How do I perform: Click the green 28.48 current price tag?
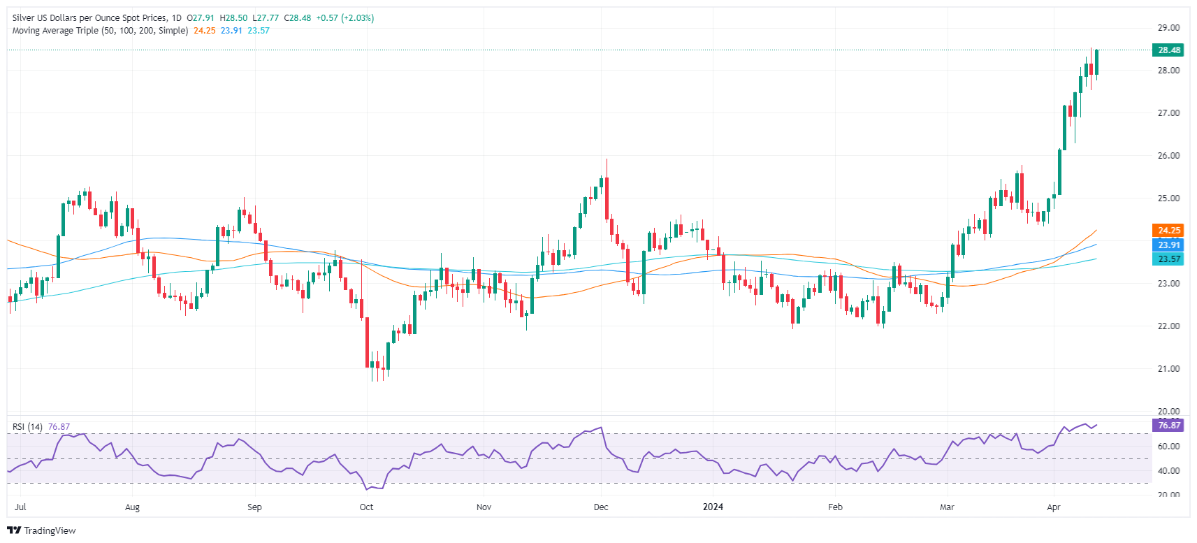coord(1168,50)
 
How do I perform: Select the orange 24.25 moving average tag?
coord(1168,230)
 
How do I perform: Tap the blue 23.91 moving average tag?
coord(1168,245)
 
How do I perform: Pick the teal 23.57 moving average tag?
coord(1168,259)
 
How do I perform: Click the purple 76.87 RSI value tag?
coord(1168,425)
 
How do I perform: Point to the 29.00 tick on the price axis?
coord(1168,28)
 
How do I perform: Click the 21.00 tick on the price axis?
coord(1168,369)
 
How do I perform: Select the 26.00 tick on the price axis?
coord(1168,156)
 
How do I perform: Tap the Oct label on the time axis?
coord(366,507)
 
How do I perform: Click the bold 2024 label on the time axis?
coord(713,507)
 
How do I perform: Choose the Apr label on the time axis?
coord(1053,507)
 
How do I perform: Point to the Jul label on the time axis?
coord(20,507)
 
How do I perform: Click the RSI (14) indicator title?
coord(27,427)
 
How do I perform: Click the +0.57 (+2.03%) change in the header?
coord(344,18)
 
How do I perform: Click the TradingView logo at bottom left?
coord(41,530)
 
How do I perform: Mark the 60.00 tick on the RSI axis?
coord(1168,446)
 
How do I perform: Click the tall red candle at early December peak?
coord(607,198)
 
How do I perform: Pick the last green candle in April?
coord(1096,62)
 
